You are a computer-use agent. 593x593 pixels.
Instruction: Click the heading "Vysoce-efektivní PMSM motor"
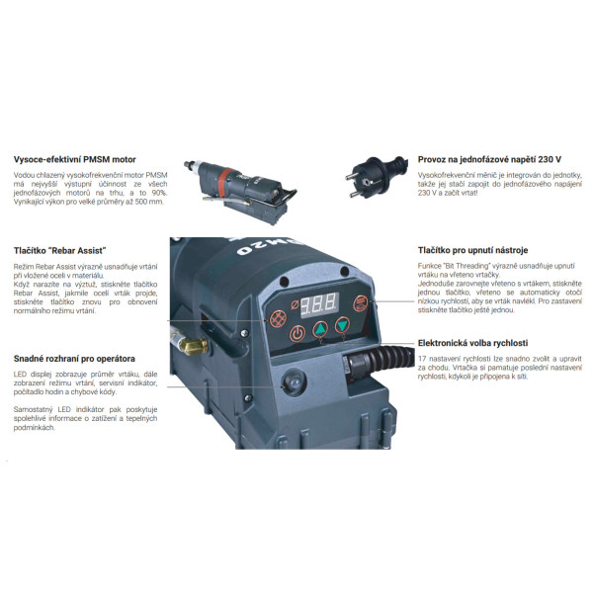click(x=74, y=159)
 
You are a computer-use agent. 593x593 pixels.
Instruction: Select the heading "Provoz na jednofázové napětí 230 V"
click(x=489, y=159)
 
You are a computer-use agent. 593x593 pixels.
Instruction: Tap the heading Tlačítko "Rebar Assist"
click(x=59, y=251)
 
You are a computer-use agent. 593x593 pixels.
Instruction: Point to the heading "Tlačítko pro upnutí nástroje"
click(x=472, y=250)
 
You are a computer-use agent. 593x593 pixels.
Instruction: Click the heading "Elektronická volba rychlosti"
click(x=472, y=343)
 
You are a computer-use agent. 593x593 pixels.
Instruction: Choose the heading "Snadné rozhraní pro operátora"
click(x=74, y=359)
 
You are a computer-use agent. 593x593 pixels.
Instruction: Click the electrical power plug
click(x=376, y=177)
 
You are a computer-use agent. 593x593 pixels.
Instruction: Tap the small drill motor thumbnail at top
click(x=240, y=192)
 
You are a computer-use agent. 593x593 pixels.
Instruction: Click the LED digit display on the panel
click(x=319, y=304)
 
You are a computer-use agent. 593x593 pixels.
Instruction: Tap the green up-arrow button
click(x=320, y=329)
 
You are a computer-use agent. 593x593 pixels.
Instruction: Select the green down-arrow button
click(x=343, y=325)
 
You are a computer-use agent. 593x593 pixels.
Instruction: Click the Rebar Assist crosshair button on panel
click(x=279, y=318)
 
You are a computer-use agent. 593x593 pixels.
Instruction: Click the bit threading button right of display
click(x=361, y=303)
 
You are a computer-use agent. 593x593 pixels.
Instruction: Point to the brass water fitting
click(x=194, y=346)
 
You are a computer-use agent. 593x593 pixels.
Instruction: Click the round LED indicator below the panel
click(x=294, y=382)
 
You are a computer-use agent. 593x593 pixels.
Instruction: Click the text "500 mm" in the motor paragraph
click(x=150, y=202)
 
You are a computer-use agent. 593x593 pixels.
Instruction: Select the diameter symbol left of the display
click(x=295, y=304)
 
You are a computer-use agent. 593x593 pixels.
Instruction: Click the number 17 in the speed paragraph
click(x=422, y=359)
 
